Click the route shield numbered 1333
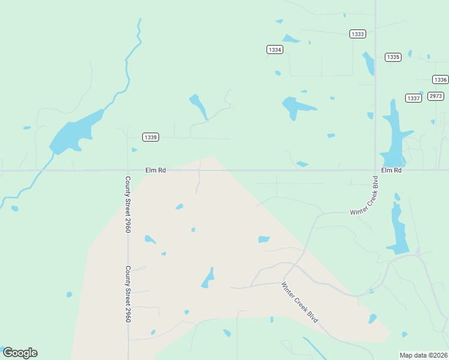pos(358,34)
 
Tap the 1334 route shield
pos(274,50)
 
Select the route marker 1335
pos(393,57)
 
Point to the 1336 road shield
pos(440,80)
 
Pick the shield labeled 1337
pos(413,98)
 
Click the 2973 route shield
pos(436,96)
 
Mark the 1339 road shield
pos(151,137)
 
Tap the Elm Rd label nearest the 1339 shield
pos(155,170)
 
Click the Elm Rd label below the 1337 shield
pos(391,170)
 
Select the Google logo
pos(20,353)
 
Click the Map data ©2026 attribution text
pos(423,355)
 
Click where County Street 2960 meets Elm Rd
pos(128,170)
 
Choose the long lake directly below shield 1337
pos(394,135)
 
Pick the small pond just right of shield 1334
pos(291,40)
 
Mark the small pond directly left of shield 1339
pos(134,150)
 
